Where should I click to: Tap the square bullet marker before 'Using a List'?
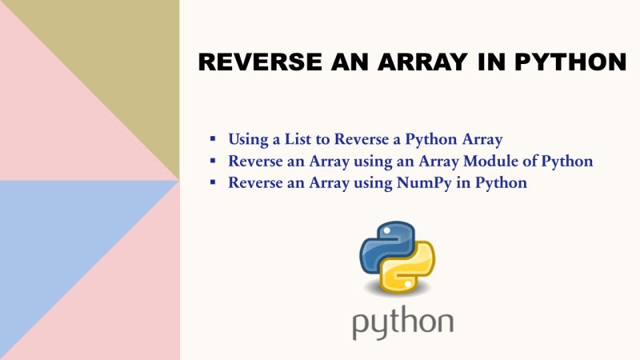pyautogui.click(x=213, y=139)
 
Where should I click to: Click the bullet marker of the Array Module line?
pyautogui.click(x=213, y=162)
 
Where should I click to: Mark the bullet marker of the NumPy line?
pyautogui.click(x=213, y=183)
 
